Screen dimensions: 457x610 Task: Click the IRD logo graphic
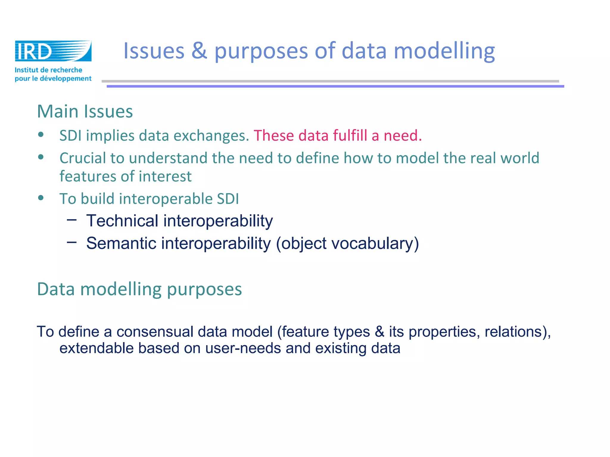pyautogui.click(x=53, y=51)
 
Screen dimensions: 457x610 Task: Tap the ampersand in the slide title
pyautogui.click(x=199, y=51)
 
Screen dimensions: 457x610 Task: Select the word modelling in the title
pyautogui.click(x=444, y=51)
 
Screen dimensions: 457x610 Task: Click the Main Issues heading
pyautogui.click(x=85, y=112)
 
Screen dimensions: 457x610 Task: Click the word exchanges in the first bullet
pyautogui.click(x=211, y=136)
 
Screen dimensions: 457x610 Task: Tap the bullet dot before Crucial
pyautogui.click(x=41, y=157)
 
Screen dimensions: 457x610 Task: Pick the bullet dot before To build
pyautogui.click(x=41, y=198)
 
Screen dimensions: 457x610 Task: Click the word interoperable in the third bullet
pyautogui.click(x=165, y=199)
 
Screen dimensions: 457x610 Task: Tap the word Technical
pyautogui.click(x=122, y=221)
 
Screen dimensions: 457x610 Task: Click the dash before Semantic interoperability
pyautogui.click(x=72, y=242)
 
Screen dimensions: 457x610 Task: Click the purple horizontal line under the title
pyautogui.click(x=335, y=86)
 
